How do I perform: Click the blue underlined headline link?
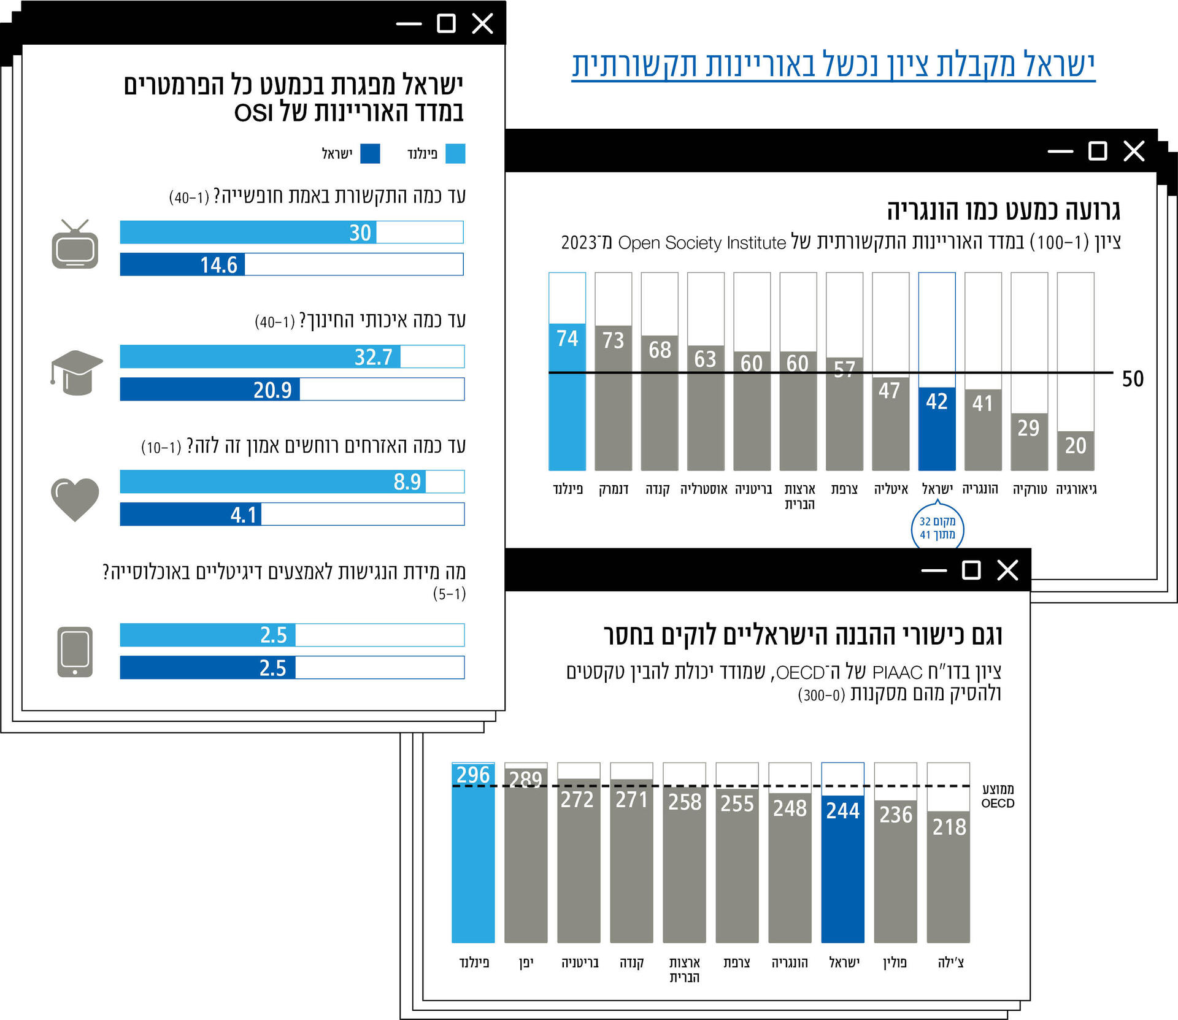[833, 65]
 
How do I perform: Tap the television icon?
[75, 245]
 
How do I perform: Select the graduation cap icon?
[76, 372]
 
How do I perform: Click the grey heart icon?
[75, 499]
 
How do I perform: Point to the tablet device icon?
[75, 651]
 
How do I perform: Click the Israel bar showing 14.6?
[182, 264]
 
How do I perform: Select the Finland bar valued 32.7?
[260, 356]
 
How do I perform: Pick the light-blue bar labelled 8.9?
[273, 481]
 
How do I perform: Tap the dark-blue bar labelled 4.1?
[191, 514]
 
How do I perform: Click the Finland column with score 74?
[567, 396]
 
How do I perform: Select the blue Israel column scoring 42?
[937, 428]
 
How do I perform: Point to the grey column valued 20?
[1076, 450]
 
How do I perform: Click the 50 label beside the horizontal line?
[1133, 378]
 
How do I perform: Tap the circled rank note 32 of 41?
[937, 528]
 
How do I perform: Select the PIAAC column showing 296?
[473, 853]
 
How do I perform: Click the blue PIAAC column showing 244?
[842, 868]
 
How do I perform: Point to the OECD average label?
[998, 796]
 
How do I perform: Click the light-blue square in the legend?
[455, 153]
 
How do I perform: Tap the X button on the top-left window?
[482, 24]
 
